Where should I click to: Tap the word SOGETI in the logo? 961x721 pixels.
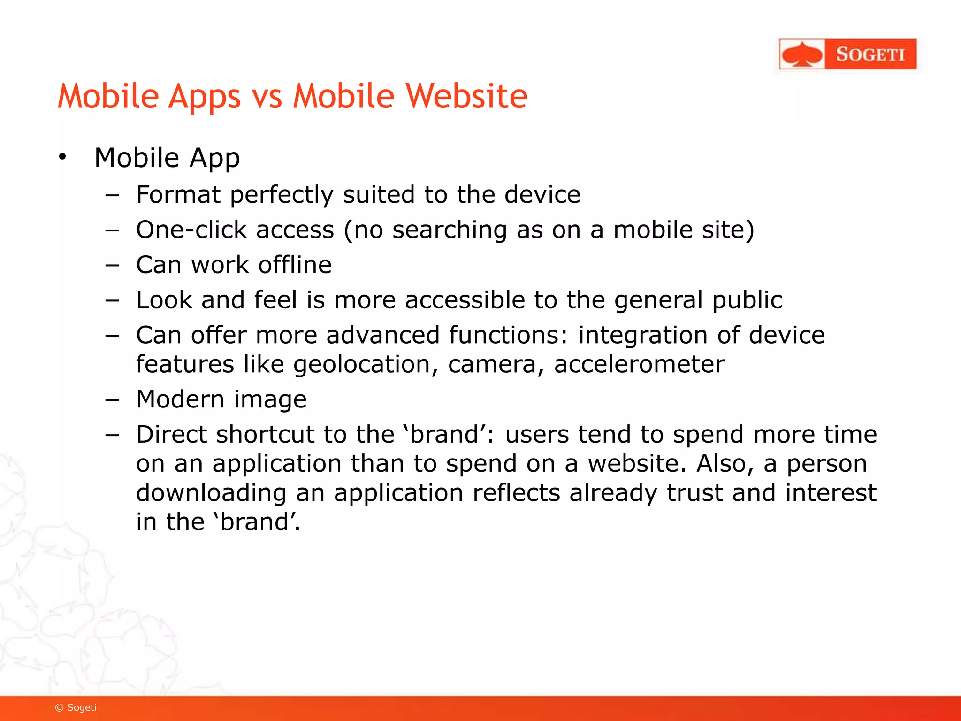click(x=870, y=54)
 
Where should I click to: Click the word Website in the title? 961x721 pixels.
click(x=466, y=96)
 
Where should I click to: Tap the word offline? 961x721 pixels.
click(x=295, y=265)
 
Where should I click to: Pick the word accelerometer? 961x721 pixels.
click(x=639, y=365)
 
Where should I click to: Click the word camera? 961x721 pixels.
click(x=492, y=365)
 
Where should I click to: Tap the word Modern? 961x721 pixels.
click(x=180, y=399)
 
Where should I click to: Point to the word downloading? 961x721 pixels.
click(x=211, y=493)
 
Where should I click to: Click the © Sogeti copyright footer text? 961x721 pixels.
click(x=76, y=707)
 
